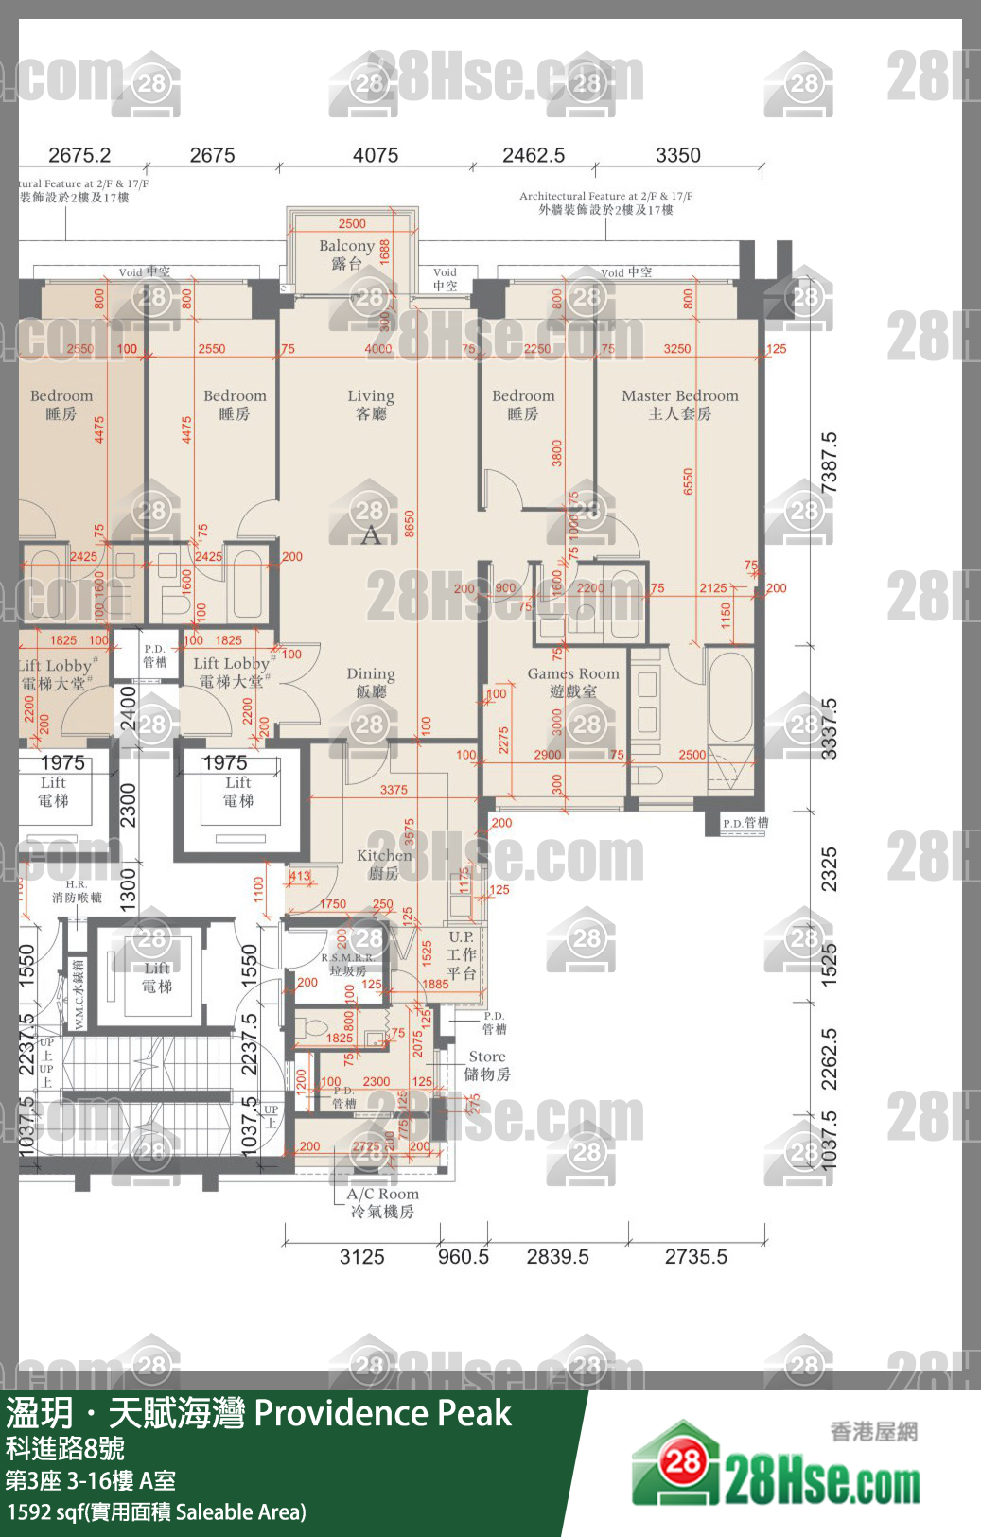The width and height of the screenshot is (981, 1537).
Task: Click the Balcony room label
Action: coord(347,254)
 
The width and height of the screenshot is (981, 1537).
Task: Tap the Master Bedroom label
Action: coord(679,404)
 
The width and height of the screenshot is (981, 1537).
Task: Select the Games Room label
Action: coord(573,682)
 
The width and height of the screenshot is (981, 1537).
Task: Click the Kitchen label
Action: coord(383,864)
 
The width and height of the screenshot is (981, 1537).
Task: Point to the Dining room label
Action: coord(370,682)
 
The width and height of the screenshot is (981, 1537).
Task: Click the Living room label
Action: coord(370,404)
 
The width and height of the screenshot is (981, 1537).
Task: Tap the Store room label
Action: coord(487,1065)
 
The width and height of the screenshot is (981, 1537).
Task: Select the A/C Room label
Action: coord(382,1202)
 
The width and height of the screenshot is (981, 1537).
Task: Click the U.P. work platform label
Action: coord(462,954)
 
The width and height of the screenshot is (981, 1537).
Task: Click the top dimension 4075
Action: coord(376,155)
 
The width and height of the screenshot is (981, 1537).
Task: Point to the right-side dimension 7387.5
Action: coord(829,462)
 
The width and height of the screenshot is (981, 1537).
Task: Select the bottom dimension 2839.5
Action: coord(557,1257)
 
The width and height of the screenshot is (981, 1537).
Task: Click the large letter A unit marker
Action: coord(371,535)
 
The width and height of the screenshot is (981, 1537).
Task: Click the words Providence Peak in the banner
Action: coord(382,1413)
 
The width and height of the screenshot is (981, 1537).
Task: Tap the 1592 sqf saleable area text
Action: coord(156,1511)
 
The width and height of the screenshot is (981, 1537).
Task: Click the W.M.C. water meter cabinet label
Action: coord(79,994)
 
